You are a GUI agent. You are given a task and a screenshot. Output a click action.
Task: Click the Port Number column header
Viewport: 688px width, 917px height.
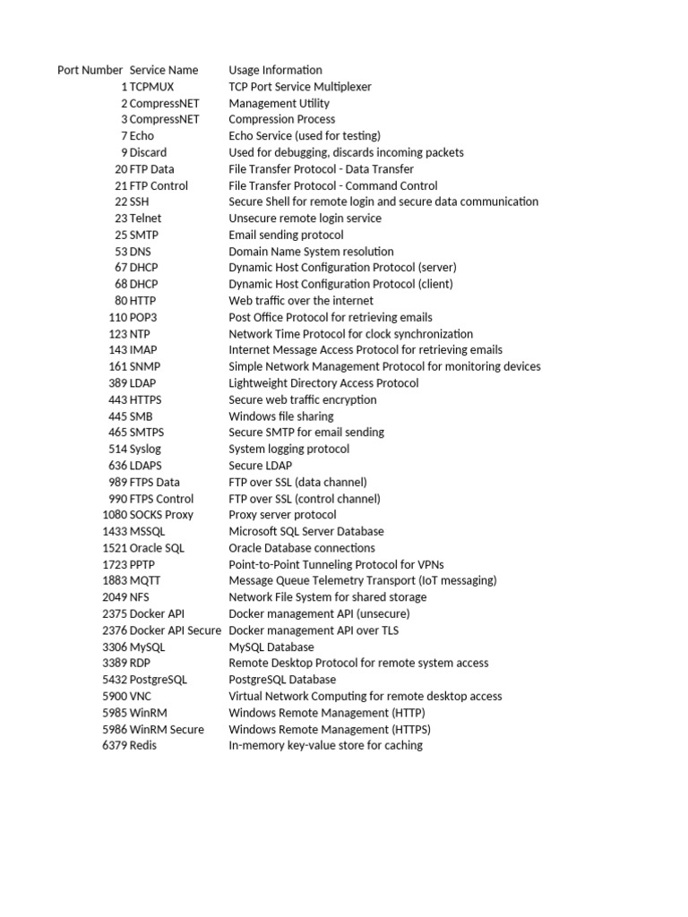tap(90, 70)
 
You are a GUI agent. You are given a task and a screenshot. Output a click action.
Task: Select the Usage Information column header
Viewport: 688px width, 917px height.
tap(275, 70)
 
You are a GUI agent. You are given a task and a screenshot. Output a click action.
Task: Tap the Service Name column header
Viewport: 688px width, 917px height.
tap(164, 70)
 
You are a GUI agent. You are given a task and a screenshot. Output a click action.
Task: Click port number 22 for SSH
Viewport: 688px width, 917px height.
tap(121, 201)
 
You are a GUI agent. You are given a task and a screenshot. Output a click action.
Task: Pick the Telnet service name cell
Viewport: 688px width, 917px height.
tap(146, 219)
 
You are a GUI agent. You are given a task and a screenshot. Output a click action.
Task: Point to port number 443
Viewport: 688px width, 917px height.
tap(117, 399)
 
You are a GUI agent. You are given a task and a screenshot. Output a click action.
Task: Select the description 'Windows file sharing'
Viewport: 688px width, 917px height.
tap(280, 416)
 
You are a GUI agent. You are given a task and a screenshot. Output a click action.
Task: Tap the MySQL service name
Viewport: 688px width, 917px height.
tap(148, 647)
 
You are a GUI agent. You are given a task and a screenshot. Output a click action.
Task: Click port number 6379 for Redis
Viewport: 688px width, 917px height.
tap(115, 745)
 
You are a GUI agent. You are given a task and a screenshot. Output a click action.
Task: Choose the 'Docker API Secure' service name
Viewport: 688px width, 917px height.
tap(176, 630)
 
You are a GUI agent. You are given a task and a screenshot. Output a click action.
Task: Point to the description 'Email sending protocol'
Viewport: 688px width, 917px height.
tap(286, 235)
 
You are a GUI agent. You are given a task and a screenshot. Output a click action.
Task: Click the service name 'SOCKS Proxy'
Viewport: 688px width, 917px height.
tap(161, 515)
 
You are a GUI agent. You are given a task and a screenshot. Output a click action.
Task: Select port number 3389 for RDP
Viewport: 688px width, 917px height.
tap(115, 663)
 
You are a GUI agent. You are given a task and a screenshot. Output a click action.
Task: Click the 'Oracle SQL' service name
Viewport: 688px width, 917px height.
tap(157, 548)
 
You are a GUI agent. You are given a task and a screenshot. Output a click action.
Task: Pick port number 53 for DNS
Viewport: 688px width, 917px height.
tap(121, 252)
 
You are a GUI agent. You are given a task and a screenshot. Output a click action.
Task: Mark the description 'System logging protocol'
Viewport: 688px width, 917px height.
tap(288, 449)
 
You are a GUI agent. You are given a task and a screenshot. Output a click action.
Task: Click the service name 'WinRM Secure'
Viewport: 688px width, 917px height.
tap(167, 729)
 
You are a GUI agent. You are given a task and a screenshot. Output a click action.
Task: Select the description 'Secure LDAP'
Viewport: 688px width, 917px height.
tap(260, 466)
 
